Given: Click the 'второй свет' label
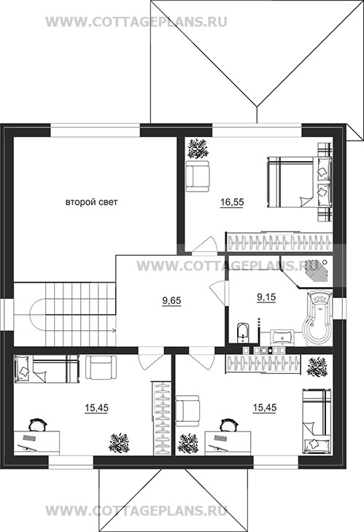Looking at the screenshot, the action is pos(91,203).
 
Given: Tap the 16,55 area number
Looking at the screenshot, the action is pos(232,203).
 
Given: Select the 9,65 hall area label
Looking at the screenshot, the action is pos(172,300).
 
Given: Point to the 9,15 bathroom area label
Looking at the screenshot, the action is pos(266,297).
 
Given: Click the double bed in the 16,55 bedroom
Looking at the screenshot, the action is pos(299,181).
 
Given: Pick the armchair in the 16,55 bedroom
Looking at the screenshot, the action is pos(198,176).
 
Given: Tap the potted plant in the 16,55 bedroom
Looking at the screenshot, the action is pos(198,148).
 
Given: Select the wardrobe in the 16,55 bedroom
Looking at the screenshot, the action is pos(279,242).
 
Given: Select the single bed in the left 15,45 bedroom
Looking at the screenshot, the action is pos(47,369).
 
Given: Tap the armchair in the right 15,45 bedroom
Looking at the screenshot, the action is pos(187,410).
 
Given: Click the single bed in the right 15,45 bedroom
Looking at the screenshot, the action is pos(317,420).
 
